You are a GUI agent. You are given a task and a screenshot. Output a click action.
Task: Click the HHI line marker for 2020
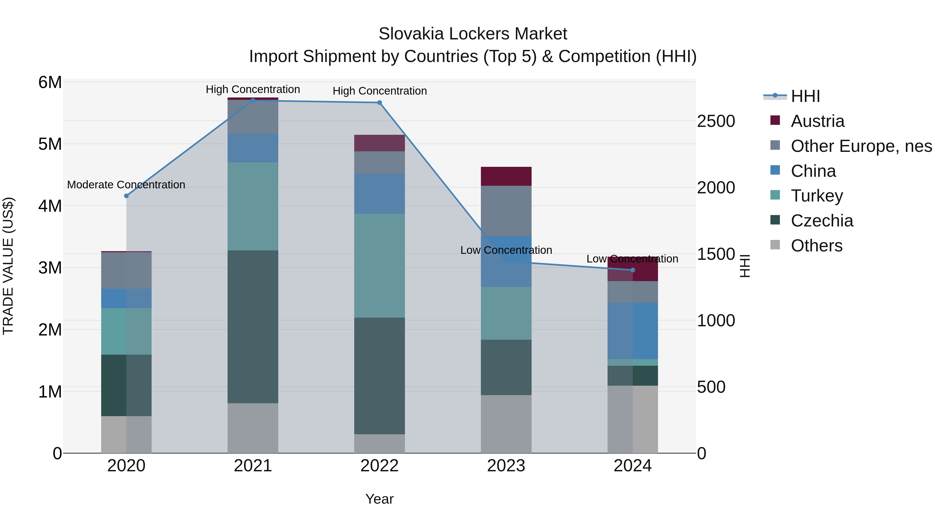pyautogui.click(x=126, y=196)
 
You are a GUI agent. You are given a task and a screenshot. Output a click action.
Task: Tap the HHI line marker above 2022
pyautogui.click(x=379, y=103)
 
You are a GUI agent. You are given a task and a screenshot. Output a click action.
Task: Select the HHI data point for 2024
pyautogui.click(x=633, y=270)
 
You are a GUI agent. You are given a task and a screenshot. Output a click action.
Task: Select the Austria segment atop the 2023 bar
pyautogui.click(x=506, y=176)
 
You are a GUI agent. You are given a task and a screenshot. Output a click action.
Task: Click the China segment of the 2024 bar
pyautogui.click(x=633, y=331)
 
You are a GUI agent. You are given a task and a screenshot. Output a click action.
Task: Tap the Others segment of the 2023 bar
pyautogui.click(x=506, y=424)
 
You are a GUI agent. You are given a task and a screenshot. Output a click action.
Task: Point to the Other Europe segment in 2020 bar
pyautogui.click(x=126, y=271)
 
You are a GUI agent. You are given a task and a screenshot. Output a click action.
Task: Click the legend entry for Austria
pyautogui.click(x=818, y=121)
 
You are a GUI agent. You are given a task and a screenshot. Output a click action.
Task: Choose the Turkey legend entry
pyautogui.click(x=817, y=196)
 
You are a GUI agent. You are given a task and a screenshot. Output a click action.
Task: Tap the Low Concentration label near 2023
pyautogui.click(x=506, y=250)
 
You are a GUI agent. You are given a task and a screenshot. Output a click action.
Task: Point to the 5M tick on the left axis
pyautogui.click(x=50, y=144)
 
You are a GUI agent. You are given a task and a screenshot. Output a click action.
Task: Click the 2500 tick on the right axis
pyautogui.click(x=716, y=122)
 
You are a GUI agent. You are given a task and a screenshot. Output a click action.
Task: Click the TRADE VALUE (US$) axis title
pyautogui.click(x=8, y=266)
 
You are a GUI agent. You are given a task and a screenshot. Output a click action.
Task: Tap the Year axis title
pyautogui.click(x=379, y=499)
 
